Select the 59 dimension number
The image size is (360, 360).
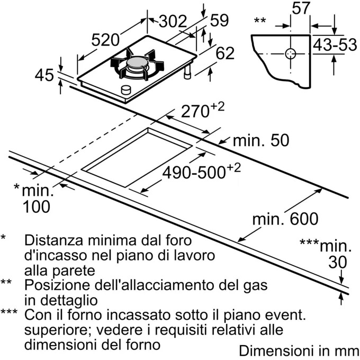219,21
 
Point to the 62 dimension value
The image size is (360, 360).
225,53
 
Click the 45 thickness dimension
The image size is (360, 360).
44,76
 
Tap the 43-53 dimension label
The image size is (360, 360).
335,46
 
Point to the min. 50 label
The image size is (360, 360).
261,141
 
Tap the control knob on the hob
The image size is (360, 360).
127,90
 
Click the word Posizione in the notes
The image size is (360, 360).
50,285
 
